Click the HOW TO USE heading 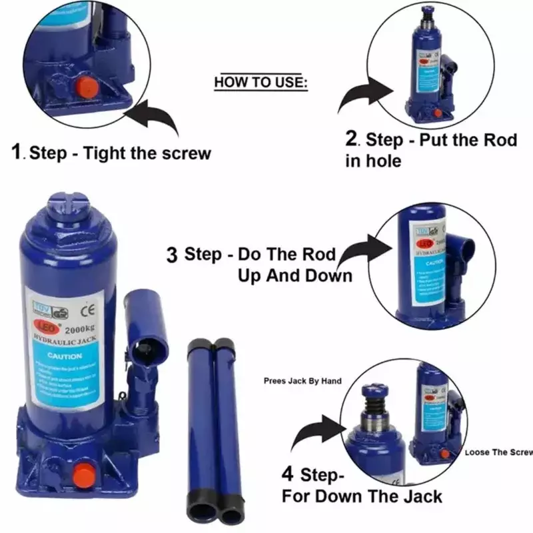261,83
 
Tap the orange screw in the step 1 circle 85,88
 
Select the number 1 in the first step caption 19,153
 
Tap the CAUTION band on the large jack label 65,356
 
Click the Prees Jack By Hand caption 302,381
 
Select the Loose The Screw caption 498,452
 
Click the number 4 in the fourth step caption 288,474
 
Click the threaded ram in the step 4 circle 375,406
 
